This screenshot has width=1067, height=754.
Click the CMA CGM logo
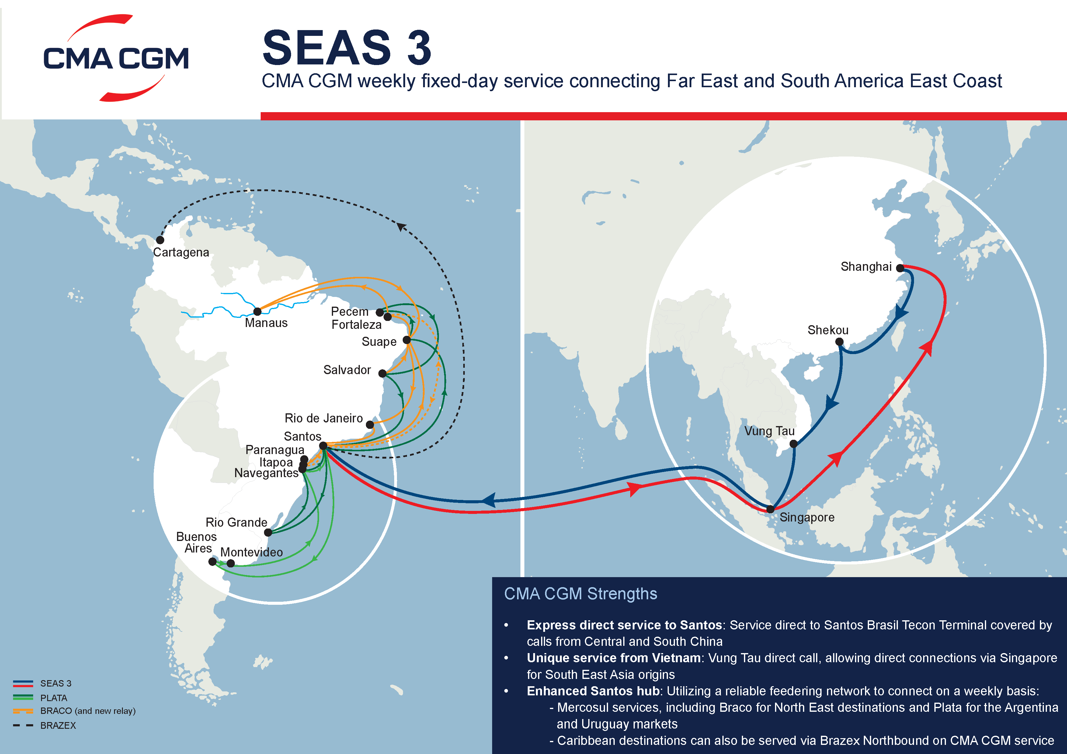(x=116, y=58)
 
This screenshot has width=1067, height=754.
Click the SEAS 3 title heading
(x=347, y=47)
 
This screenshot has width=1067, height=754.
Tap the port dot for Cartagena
(x=160, y=240)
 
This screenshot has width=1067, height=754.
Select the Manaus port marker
(x=257, y=312)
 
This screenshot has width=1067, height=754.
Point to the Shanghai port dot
(x=900, y=268)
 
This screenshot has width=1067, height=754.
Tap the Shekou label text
(x=828, y=330)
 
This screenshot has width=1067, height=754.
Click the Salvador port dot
(x=382, y=373)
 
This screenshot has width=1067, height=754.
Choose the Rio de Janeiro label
(x=323, y=418)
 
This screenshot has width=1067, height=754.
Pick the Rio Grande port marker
(x=268, y=532)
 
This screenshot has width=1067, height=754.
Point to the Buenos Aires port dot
(x=212, y=562)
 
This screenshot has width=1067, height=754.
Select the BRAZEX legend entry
(x=57, y=725)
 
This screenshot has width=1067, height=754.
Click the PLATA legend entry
(x=54, y=698)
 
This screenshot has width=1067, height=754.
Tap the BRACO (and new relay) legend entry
(x=87, y=711)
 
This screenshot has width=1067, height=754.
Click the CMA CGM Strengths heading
(x=580, y=594)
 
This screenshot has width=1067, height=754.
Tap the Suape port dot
(x=407, y=340)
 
